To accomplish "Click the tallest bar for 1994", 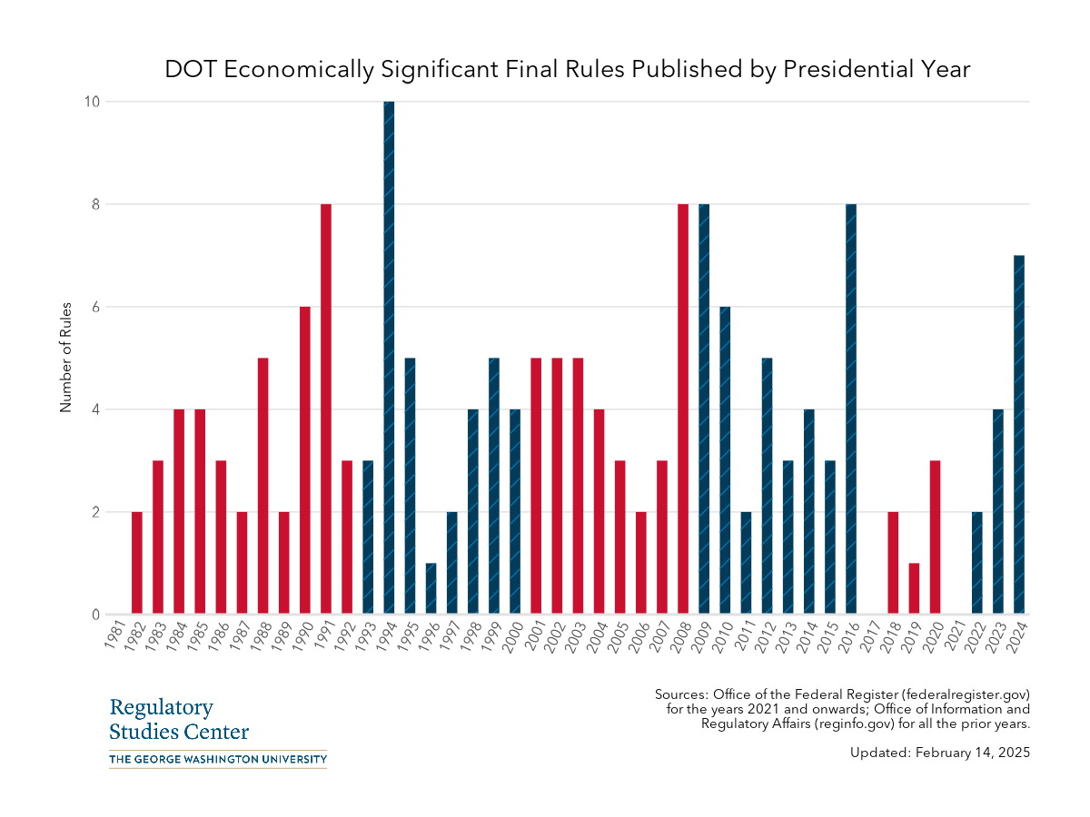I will (x=389, y=358).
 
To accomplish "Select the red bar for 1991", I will (x=326, y=408).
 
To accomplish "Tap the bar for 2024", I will (x=1019, y=435).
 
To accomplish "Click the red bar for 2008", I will (x=683, y=408).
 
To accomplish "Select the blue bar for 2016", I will (x=851, y=408).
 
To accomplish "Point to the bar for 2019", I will (x=914, y=588).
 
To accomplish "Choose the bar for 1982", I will (x=137, y=563).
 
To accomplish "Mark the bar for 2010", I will (x=725, y=460).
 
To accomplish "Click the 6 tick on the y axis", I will (x=94, y=307).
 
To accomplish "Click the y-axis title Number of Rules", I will (x=65, y=358).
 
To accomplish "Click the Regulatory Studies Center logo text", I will (x=178, y=720).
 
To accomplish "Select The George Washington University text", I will (x=217, y=759).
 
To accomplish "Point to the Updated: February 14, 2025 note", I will (x=940, y=753).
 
